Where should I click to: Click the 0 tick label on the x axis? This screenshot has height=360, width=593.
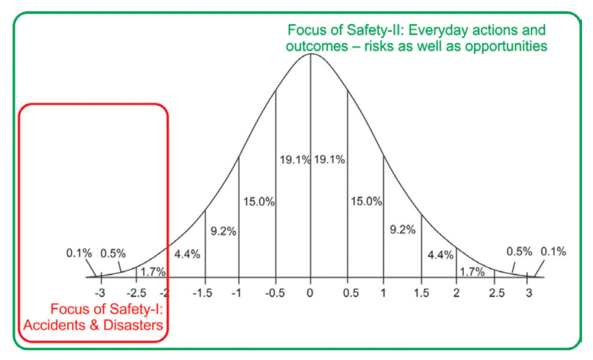[x=311, y=292]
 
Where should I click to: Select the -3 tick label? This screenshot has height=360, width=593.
[x=100, y=292]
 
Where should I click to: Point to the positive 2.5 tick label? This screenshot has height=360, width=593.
[x=493, y=292]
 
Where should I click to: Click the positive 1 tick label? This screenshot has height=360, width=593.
[x=383, y=292]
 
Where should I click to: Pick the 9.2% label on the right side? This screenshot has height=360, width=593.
[x=402, y=230]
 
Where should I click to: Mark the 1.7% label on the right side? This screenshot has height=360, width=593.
[x=471, y=271]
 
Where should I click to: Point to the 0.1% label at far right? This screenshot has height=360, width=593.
[x=553, y=251]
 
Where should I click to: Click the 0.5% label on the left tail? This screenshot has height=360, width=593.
[x=113, y=253]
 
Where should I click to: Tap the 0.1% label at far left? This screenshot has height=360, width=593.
[x=79, y=253]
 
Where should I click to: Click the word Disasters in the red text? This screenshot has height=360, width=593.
[x=134, y=325]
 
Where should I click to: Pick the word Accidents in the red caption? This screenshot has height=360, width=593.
[x=51, y=325]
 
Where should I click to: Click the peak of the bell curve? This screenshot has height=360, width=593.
[x=311, y=54]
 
